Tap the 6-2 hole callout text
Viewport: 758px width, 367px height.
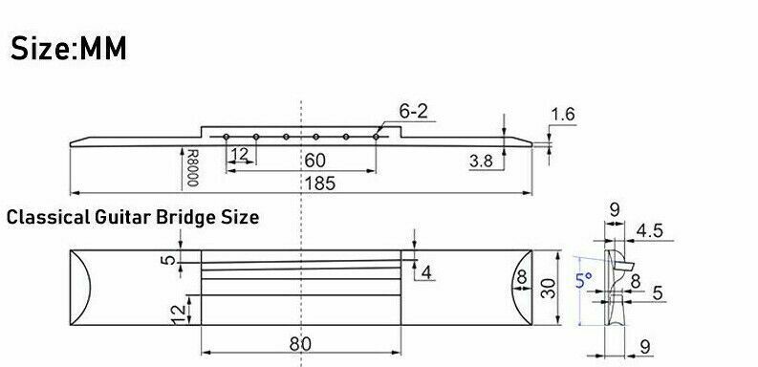click(x=412, y=112)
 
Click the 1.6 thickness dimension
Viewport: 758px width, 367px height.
click(x=563, y=116)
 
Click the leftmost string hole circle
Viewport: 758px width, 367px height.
click(x=226, y=137)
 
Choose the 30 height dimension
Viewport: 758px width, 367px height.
click(x=547, y=287)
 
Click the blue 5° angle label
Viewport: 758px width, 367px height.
click(x=582, y=281)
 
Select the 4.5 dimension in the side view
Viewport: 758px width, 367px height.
click(x=650, y=229)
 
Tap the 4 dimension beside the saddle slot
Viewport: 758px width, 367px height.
click(x=426, y=273)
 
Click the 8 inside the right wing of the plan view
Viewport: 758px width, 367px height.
click(x=521, y=277)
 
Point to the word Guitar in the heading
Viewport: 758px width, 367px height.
click(x=130, y=217)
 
